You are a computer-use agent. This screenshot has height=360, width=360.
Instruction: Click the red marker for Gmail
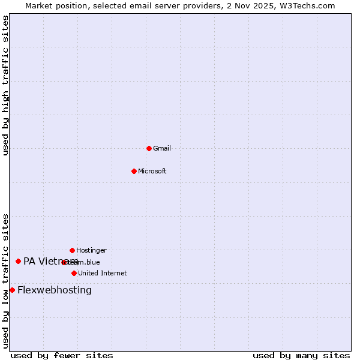coord(149,148)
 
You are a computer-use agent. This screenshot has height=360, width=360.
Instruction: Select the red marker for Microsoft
coord(134,171)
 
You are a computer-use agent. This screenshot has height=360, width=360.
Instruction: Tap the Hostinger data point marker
coord(72,250)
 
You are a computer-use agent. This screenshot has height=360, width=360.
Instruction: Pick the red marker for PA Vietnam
coord(18,261)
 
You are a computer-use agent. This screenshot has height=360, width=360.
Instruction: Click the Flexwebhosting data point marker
coord(12,290)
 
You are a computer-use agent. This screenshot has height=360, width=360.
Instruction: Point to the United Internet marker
coord(74,273)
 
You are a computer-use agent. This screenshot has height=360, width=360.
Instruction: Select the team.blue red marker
coord(64,262)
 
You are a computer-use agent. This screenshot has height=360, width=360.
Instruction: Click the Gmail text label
coord(162,148)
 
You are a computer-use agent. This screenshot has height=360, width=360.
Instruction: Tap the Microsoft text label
coord(152,171)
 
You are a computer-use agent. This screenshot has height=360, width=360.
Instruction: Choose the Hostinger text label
coord(91,250)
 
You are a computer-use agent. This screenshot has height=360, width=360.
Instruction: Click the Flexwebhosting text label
coord(55,290)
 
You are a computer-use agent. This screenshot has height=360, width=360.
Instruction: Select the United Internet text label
coord(103,273)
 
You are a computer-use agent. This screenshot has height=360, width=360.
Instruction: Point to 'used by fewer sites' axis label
coord(62,355)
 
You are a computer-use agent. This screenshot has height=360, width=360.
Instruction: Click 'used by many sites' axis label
coord(301,355)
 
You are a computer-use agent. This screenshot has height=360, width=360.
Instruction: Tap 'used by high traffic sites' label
coord(5,85)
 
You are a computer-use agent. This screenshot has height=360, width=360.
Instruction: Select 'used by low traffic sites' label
coord(5,281)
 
